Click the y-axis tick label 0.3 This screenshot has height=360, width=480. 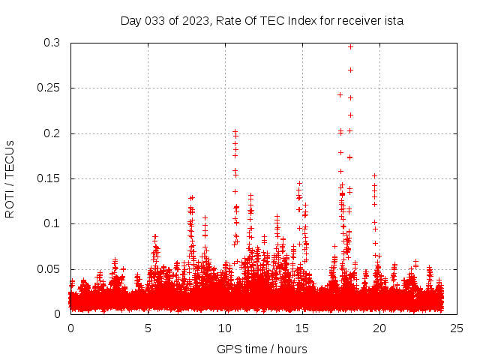click(52, 43)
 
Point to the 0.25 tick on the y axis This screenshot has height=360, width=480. click(49, 88)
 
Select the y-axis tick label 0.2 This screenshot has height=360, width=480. click(52, 133)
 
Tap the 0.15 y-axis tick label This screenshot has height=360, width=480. click(49, 178)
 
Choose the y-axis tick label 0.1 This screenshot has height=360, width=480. click(52, 223)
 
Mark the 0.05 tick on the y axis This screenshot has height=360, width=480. click(49, 268)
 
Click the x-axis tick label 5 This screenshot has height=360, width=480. click(148, 328)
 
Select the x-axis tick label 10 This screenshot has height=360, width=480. click(225, 328)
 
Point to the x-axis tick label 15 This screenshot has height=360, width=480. click(302, 328)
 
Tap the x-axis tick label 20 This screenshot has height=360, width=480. click(379, 328)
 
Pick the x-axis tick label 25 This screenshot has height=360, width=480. click(457, 328)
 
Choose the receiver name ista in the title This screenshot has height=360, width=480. click(394, 21)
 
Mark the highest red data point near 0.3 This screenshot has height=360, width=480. click(350, 46)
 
